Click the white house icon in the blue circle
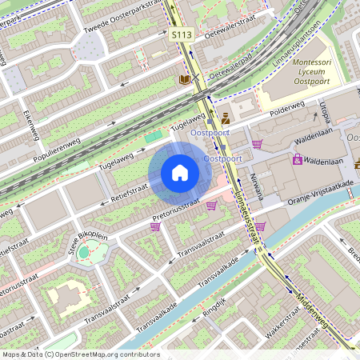[180, 172]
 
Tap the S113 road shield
[180, 35]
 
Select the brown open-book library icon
[185, 79]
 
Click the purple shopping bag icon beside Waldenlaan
[298, 159]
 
